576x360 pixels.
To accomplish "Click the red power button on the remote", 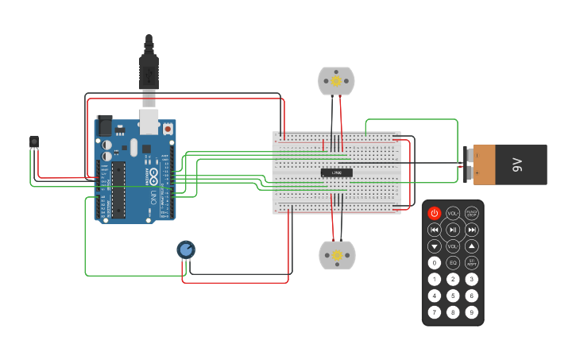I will (x=434, y=213).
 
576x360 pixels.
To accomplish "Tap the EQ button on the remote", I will (x=453, y=262).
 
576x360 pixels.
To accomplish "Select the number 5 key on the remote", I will (x=453, y=296).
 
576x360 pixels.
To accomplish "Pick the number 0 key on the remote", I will (x=434, y=262).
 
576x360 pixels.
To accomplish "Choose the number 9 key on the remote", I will (x=472, y=312).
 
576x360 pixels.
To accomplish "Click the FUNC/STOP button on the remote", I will (x=472, y=213).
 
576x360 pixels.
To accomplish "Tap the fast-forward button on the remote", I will (x=472, y=230).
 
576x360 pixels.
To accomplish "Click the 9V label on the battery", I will (x=517, y=165).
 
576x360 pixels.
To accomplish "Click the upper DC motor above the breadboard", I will (x=336, y=81).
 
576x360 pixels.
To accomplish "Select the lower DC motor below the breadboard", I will (x=337, y=255).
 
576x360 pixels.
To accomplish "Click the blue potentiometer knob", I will (x=186, y=250).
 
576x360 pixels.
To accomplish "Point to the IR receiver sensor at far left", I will (x=33, y=141).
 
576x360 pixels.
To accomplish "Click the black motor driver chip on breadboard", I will (x=337, y=172).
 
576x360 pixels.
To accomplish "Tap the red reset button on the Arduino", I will (x=168, y=126).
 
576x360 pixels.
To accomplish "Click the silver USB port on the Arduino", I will (x=149, y=121).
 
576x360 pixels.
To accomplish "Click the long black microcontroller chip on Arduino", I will (x=118, y=189).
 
